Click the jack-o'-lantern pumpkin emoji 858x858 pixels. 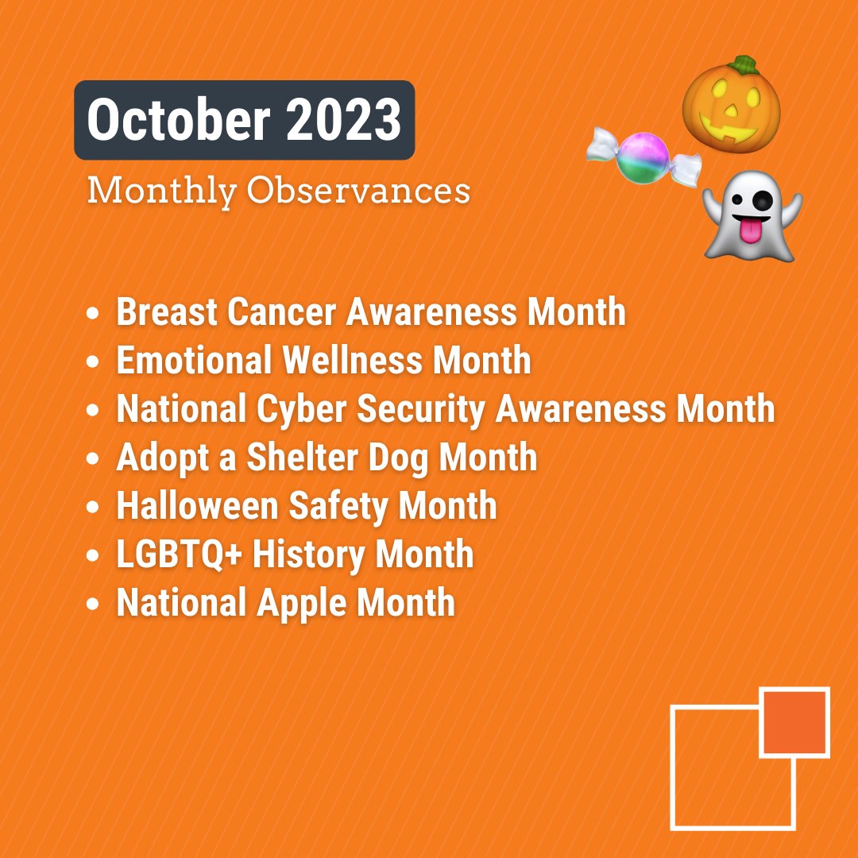[732, 106]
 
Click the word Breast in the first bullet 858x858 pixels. [166, 312]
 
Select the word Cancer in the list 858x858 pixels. [281, 312]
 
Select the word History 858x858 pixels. [309, 555]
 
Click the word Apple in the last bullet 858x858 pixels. [301, 603]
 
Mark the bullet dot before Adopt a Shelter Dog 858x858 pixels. [95, 459]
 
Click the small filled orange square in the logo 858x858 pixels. [794, 722]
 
